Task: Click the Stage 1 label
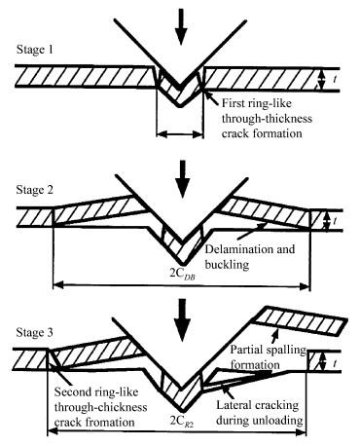point(35,50)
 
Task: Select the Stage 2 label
point(35,190)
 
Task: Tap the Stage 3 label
point(35,332)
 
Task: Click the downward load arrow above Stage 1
point(181,26)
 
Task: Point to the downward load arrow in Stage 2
point(184,178)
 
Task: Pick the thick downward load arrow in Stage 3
point(184,319)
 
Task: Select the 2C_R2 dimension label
point(182,422)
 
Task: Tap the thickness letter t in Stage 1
point(335,79)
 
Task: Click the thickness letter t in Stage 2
point(335,221)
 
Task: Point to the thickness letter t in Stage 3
point(335,363)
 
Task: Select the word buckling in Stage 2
point(227,265)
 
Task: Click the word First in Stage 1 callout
point(233,103)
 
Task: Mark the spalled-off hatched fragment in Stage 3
point(300,320)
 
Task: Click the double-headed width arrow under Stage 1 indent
point(180,133)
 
